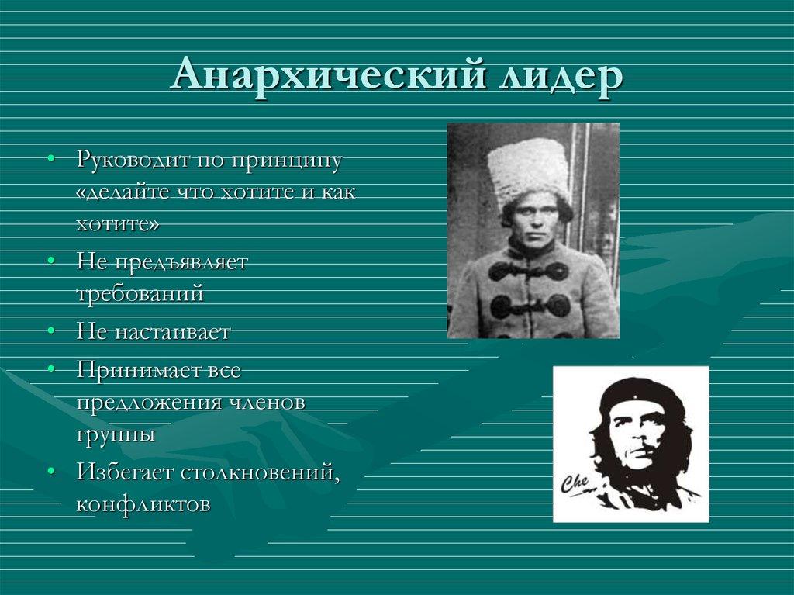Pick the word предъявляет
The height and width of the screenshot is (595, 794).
click(x=181, y=262)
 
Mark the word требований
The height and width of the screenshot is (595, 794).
click(x=140, y=293)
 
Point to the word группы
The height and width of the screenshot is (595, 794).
click(x=116, y=433)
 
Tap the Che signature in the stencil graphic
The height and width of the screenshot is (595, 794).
click(x=575, y=483)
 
